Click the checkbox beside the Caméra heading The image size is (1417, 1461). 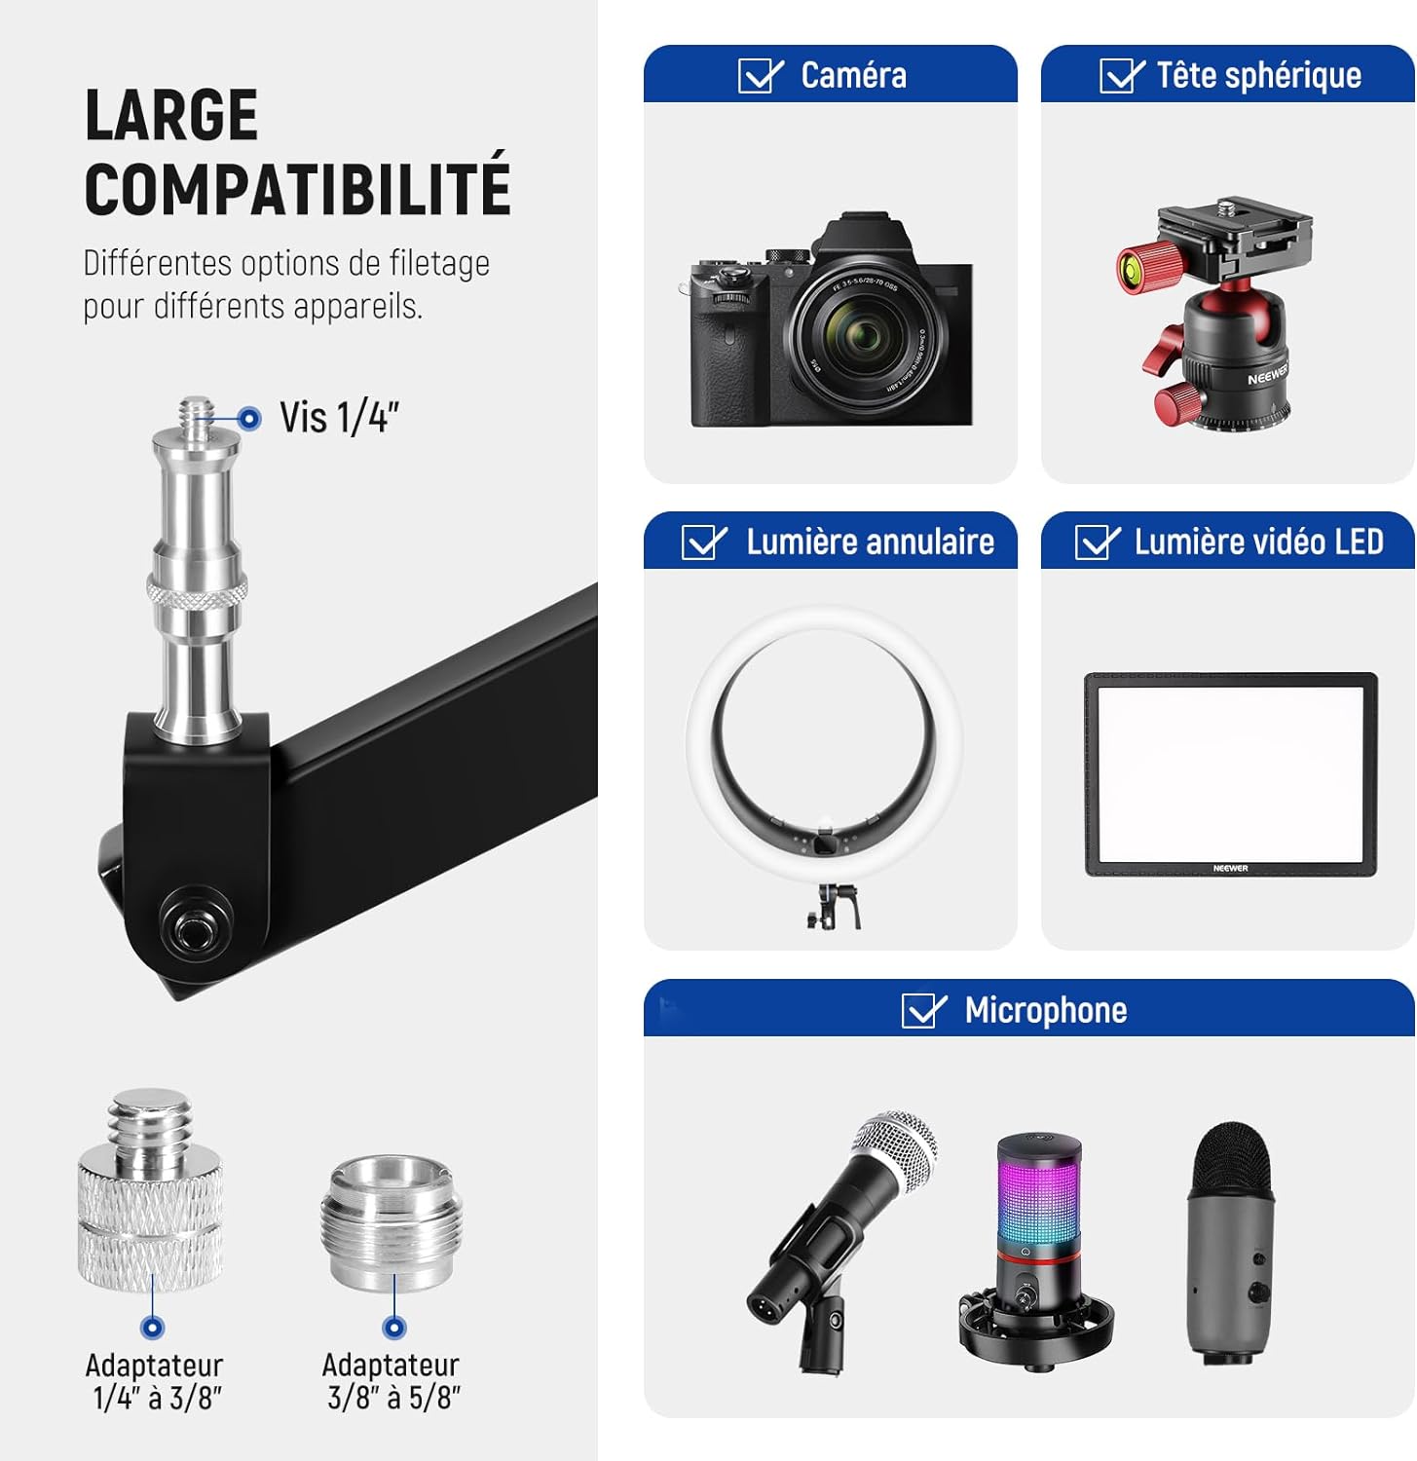click(x=759, y=76)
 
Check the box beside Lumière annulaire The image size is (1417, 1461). click(x=702, y=543)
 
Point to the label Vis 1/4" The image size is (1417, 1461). click(x=339, y=418)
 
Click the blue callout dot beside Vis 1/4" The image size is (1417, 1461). click(x=249, y=419)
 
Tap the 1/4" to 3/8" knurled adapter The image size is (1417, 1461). click(x=150, y=1191)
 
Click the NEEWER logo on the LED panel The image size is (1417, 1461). click(x=1231, y=868)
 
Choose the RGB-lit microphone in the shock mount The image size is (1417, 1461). click(x=1037, y=1252)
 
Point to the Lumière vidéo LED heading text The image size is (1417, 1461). click(x=1259, y=543)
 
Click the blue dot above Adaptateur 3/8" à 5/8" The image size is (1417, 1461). click(x=394, y=1327)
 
